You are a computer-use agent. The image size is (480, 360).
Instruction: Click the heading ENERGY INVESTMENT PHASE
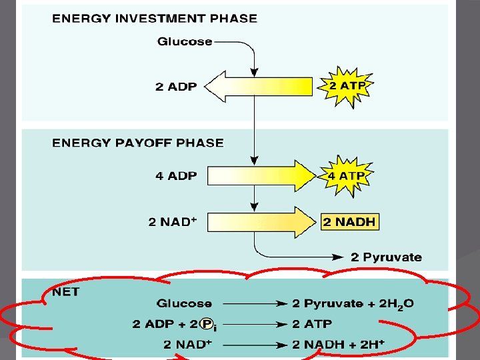click(x=154, y=18)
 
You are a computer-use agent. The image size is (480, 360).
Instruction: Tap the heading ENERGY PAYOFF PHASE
click(x=137, y=143)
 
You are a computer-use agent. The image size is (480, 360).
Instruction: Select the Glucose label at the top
click(x=185, y=41)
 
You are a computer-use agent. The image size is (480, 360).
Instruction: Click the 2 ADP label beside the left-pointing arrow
click(x=175, y=87)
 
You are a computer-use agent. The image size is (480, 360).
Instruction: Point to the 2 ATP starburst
click(x=347, y=85)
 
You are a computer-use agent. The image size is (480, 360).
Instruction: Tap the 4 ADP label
click(x=175, y=176)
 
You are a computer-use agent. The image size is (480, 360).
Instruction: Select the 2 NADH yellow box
click(x=350, y=221)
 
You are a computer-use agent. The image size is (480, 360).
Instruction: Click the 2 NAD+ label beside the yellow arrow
click(x=172, y=221)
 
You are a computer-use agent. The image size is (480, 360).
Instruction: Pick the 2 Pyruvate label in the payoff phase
click(x=387, y=257)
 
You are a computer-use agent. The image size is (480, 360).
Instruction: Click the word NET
click(x=65, y=291)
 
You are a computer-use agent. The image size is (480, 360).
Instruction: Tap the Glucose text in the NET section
click(x=185, y=304)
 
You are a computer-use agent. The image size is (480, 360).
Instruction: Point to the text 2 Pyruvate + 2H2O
click(x=353, y=304)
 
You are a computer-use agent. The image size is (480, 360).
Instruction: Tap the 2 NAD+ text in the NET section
click(x=187, y=344)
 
